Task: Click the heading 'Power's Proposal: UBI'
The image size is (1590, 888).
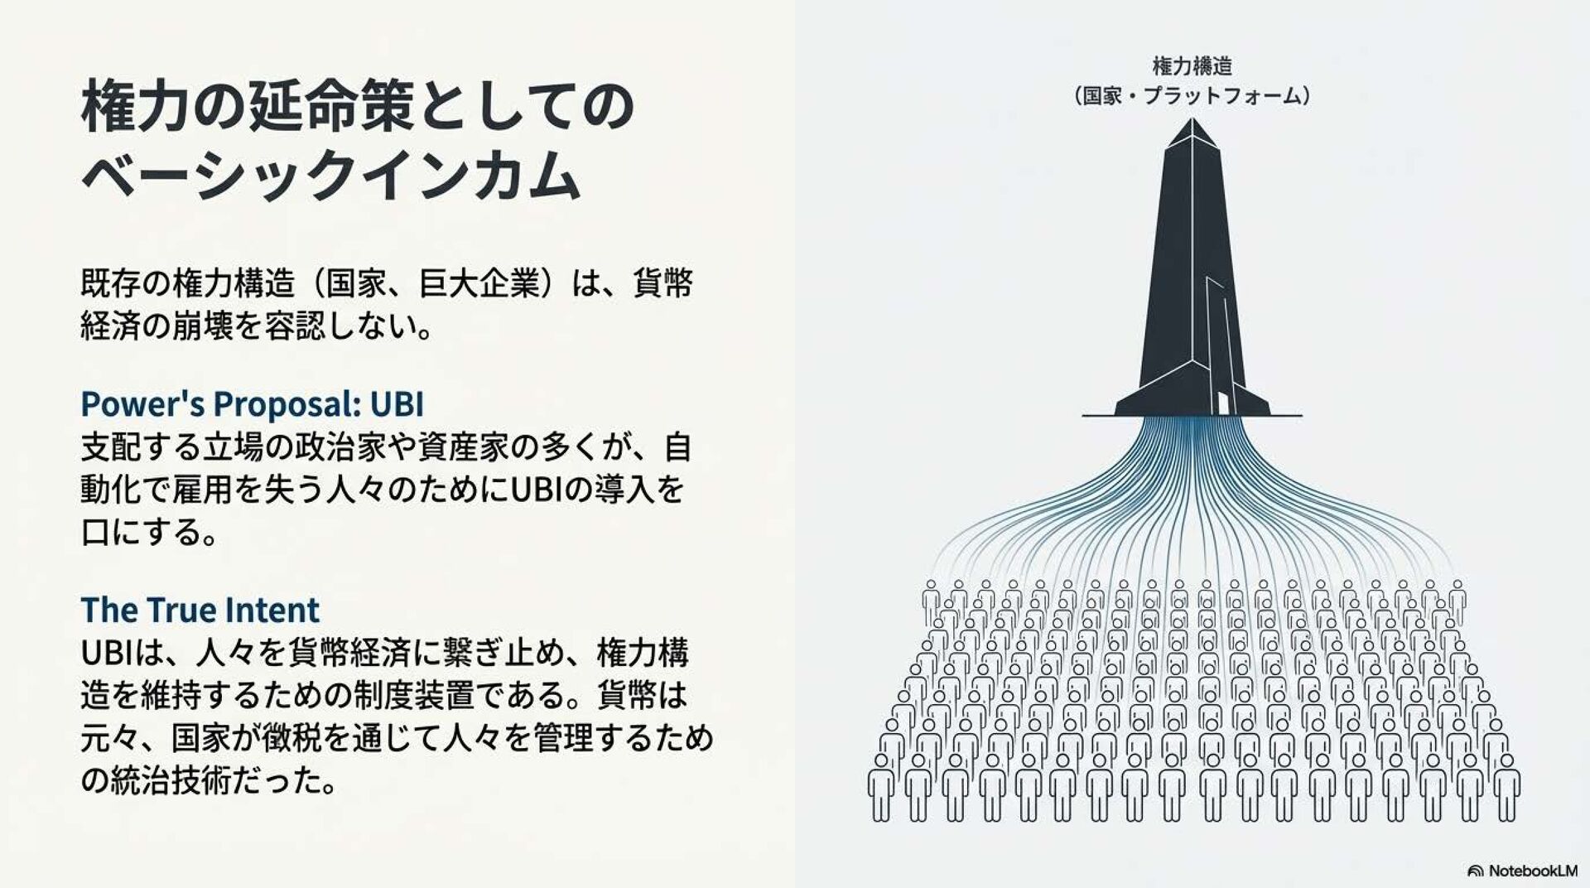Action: [x=252, y=404]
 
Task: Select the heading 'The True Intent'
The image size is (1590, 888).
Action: [x=200, y=610]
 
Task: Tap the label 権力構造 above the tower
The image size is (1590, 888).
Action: [x=1192, y=66]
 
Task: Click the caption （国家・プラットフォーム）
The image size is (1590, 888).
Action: [x=1192, y=97]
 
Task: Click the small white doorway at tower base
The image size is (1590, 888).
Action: [x=1223, y=403]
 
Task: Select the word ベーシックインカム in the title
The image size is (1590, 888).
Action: [x=330, y=176]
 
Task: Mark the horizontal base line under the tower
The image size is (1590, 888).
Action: [x=1192, y=416]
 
